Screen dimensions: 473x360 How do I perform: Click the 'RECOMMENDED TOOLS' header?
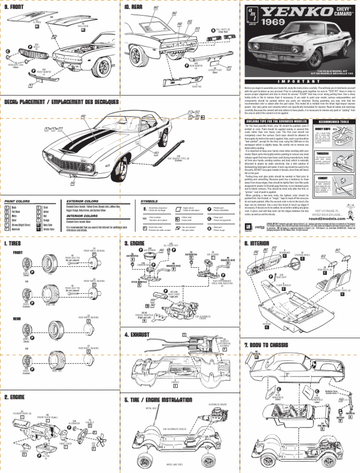pos(335,121)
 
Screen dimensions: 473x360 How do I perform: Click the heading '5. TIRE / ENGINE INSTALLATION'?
pos(158,399)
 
